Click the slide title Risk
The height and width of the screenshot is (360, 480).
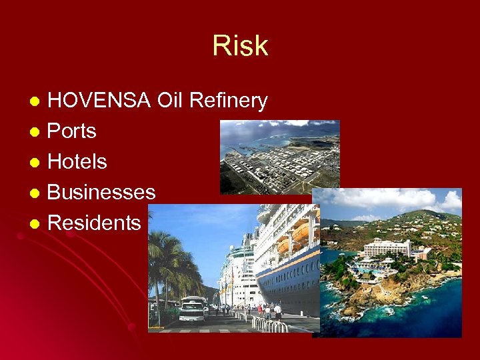(240, 46)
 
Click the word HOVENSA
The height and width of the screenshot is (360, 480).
(99, 101)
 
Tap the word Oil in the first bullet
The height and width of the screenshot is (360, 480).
(170, 101)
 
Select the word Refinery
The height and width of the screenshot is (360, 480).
(229, 101)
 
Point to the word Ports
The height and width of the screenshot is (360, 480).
(72, 131)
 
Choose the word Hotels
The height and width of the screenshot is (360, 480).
(77, 161)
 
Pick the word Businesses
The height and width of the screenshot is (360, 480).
(101, 192)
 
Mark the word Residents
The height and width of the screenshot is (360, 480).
(95, 223)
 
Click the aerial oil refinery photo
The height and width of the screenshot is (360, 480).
(279, 157)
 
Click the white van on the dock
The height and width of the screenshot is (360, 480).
(192, 311)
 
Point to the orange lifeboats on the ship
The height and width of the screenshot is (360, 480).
(293, 237)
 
